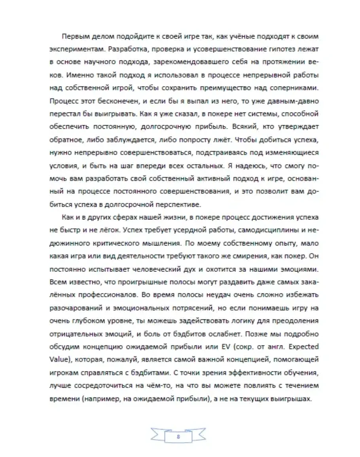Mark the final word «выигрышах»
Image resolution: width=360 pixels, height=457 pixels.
[x=294, y=399]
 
